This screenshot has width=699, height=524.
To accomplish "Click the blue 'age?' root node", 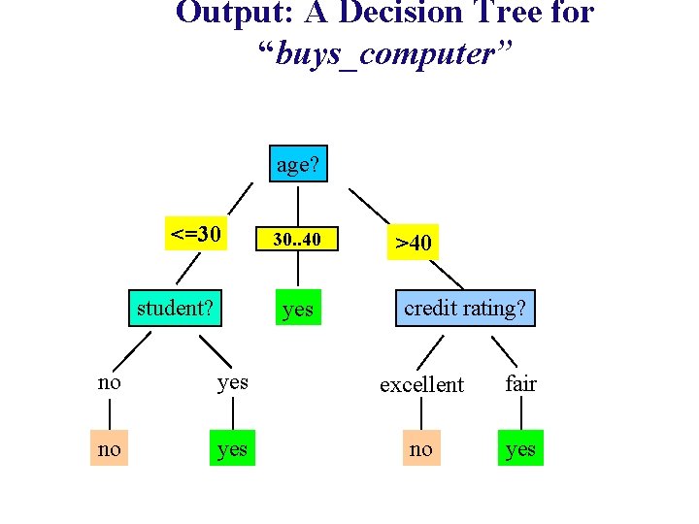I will point(298,165).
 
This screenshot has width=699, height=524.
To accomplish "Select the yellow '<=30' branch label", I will point(195,234).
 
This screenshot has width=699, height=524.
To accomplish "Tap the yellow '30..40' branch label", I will point(296,239).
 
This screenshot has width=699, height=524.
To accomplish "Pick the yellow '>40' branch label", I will point(412,242).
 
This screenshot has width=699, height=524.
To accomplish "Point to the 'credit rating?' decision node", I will point(465,309).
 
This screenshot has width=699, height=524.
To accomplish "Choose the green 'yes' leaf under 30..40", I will point(297,309).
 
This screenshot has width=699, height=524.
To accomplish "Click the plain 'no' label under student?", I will point(110,381).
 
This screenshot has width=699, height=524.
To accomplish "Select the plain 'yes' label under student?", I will point(232,381).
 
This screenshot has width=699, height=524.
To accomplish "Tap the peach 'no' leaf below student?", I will point(110,448).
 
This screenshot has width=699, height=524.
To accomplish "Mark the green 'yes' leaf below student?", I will point(232,448).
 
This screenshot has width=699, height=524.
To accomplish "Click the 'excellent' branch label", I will point(421,385).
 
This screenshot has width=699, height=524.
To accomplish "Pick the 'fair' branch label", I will point(520,383).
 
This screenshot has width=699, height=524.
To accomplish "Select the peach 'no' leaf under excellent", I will point(421,448).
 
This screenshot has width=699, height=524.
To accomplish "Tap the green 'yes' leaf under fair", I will point(520,448).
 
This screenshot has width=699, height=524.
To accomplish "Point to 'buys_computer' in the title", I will point(385,54).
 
